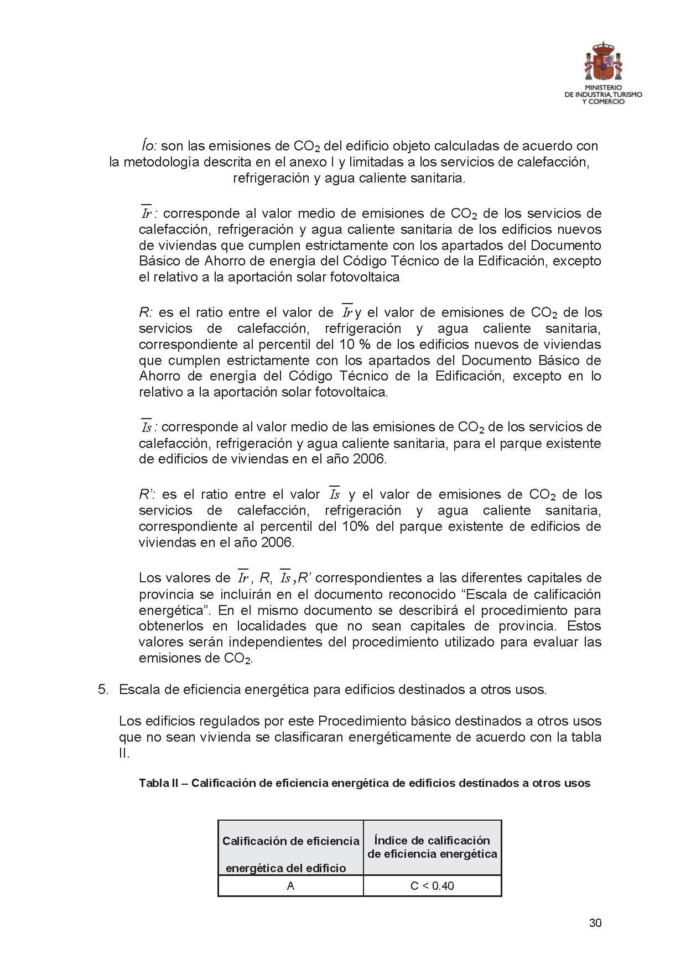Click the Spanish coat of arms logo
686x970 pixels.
603,61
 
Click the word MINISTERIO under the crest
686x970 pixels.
603,88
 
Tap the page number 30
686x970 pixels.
595,923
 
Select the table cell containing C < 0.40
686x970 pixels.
432,886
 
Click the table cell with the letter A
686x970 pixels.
290,886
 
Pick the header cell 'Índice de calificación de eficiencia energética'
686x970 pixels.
432,847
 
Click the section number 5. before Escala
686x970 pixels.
103,690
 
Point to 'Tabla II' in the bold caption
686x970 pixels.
158,783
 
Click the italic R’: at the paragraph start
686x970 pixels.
148,494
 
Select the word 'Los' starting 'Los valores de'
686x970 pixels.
150,578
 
